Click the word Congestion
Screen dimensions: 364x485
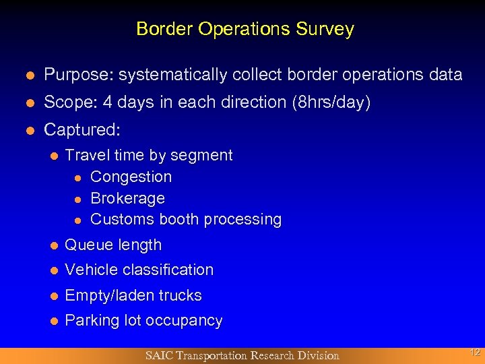(131, 177)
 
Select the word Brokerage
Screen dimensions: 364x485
(127, 198)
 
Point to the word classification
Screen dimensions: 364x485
(169, 270)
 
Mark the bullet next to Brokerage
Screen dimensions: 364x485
(78, 199)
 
